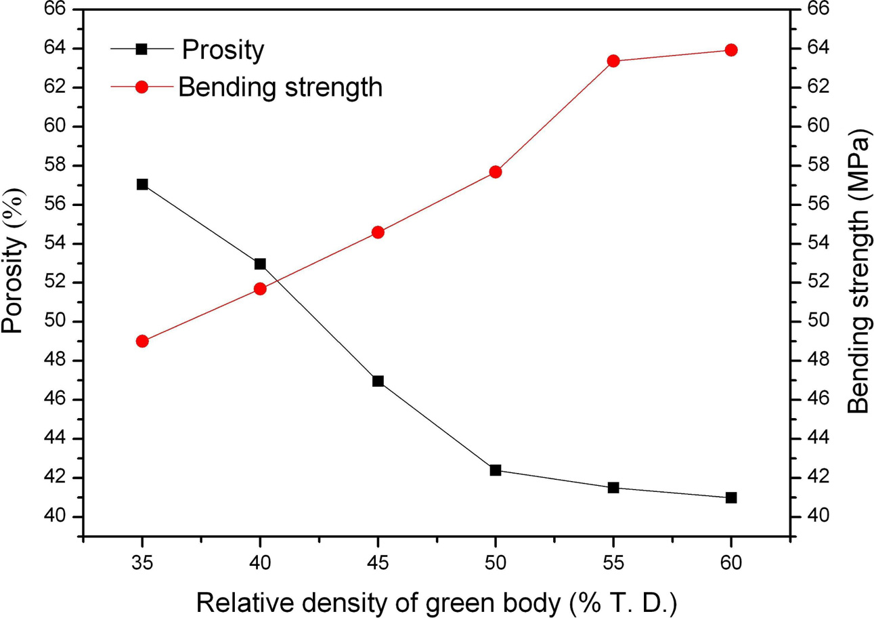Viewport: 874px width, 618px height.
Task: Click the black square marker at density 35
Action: pos(142,184)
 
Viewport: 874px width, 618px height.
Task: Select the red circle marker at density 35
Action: pos(142,341)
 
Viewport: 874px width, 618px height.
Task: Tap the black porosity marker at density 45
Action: pos(378,381)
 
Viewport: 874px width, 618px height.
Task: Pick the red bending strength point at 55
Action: pos(613,61)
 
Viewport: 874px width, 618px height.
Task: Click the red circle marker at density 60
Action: pos(730,50)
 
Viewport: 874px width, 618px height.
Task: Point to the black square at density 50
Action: pos(496,470)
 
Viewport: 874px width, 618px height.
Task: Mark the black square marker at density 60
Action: pos(730,497)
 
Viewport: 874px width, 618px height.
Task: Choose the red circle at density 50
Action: pos(496,172)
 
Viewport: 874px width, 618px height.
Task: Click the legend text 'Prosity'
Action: pos(222,50)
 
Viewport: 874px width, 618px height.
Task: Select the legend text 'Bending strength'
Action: pos(280,87)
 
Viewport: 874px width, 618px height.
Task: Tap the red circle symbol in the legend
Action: pos(141,87)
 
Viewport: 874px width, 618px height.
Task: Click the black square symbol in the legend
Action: pos(141,49)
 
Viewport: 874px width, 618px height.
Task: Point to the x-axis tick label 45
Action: pos(378,562)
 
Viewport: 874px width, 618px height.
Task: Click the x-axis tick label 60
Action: pos(730,562)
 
